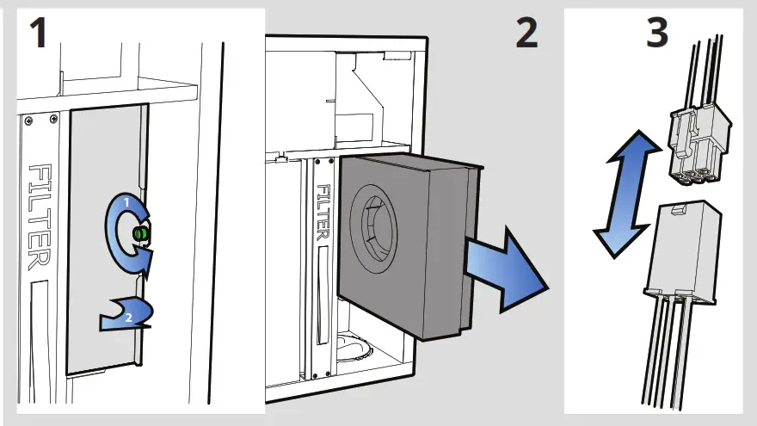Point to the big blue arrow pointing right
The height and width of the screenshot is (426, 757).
508,268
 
